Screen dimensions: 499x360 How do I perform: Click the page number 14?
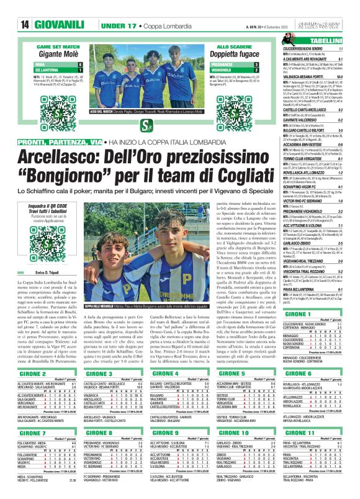click(9, 7)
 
